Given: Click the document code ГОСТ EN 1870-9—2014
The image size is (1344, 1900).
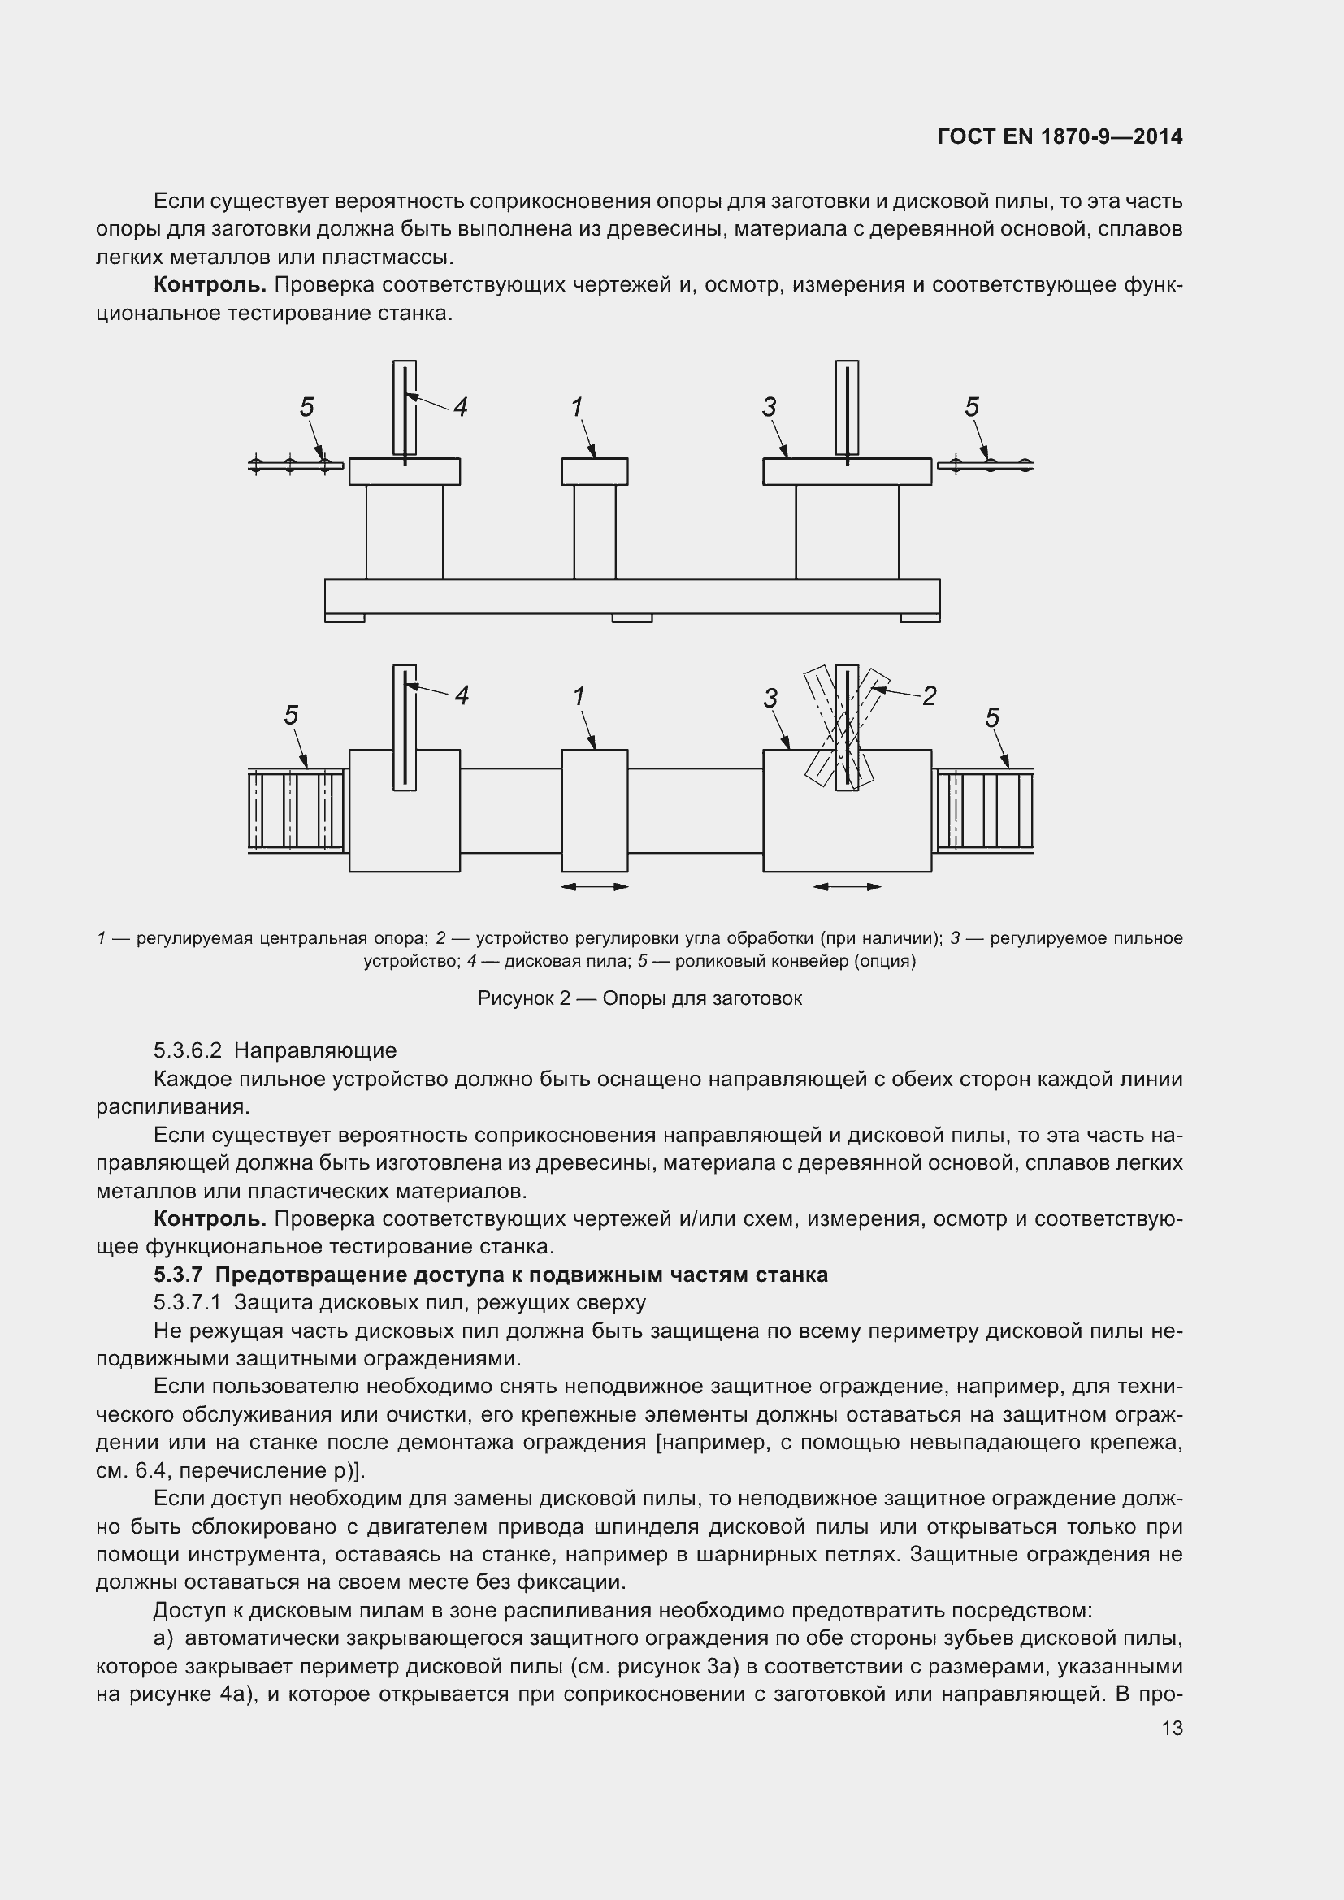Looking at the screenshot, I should coord(1060,136).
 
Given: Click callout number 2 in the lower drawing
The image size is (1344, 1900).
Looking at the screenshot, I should coord(930,696).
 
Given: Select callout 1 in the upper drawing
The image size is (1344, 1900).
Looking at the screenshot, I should coord(577,407).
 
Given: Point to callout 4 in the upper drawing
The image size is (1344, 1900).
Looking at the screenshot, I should coord(460,407).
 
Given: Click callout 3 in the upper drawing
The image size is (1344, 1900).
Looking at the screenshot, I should coord(770,407).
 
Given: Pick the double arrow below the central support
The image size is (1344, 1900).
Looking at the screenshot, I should coord(594,887).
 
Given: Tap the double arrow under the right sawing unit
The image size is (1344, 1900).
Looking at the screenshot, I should coord(847,887).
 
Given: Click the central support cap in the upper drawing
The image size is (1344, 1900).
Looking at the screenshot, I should coord(594,472).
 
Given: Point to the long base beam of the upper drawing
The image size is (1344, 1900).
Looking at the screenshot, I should coord(631,595).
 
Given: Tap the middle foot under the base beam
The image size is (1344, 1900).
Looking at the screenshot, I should coord(631,617).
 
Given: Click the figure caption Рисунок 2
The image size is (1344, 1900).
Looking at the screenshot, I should coord(639,999).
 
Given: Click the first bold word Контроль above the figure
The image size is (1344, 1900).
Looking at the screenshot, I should coord(210,285).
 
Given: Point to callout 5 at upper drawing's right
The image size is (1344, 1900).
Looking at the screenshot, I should coord(972,407).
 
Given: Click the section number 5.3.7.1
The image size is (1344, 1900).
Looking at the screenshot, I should coord(187,1302).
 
